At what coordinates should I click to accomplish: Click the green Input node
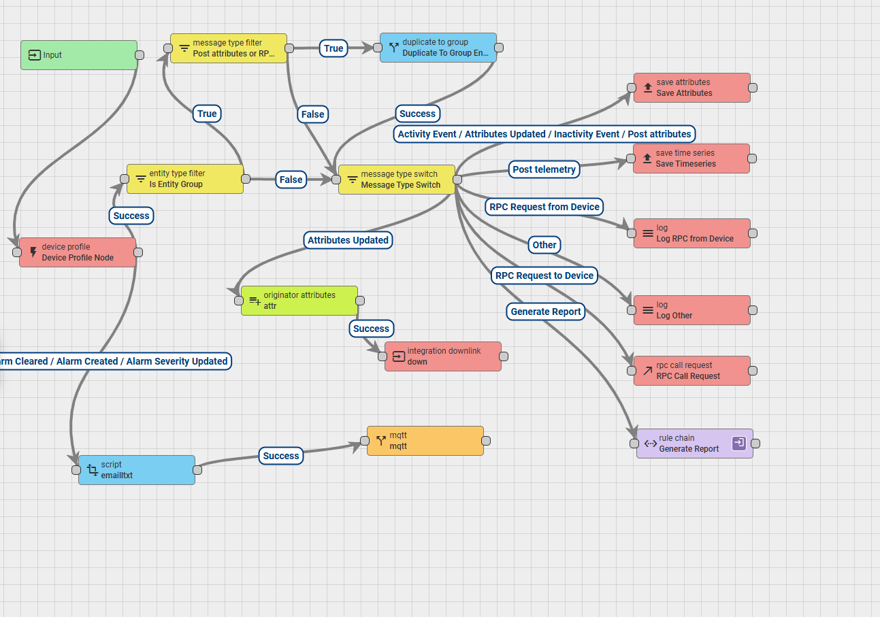coord(78,55)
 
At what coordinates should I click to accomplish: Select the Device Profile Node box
coord(78,252)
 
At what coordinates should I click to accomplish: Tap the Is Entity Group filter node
coord(184,179)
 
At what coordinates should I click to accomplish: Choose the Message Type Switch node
coord(396,180)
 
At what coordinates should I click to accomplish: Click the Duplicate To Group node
coord(438,48)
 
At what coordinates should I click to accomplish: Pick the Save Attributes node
coord(691,88)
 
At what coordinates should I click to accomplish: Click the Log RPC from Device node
coord(691,233)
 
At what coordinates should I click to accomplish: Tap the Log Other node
coord(691,310)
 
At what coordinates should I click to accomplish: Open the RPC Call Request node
coord(691,371)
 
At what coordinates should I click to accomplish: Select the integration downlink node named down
coord(442,356)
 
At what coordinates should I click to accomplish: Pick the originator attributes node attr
coord(299,301)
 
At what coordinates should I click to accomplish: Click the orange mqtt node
coord(425,441)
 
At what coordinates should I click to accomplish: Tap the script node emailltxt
coord(136,470)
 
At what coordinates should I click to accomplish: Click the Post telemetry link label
coord(544,169)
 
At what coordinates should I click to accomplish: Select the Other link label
coord(544,245)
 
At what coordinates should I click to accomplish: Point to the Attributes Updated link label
coord(348,240)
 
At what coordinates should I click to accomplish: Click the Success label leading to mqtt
coord(281,456)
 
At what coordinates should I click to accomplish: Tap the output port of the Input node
coord(140,55)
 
